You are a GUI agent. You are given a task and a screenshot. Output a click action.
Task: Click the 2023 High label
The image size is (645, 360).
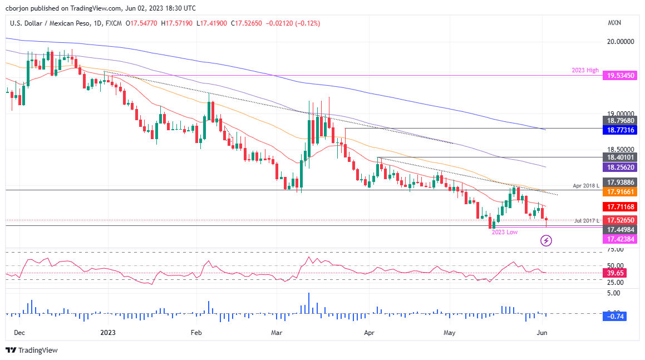click(x=585, y=70)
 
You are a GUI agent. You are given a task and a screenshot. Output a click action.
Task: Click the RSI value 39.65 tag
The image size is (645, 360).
click(x=614, y=273)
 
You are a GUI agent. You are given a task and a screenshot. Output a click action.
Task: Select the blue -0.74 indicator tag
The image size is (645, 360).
click(x=614, y=316)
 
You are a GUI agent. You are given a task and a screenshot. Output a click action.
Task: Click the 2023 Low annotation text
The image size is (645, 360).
click(x=504, y=232)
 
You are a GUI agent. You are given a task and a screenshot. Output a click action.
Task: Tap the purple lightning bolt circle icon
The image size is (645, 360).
click(x=546, y=240)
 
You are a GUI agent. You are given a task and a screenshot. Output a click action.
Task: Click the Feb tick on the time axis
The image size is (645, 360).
click(x=196, y=333)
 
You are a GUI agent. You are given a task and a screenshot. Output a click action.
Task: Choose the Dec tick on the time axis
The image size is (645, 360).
click(x=19, y=333)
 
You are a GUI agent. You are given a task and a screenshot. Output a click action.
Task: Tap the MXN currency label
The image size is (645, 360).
click(x=614, y=23)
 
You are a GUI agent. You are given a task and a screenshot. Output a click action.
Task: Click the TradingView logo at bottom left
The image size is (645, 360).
click(x=32, y=350)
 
